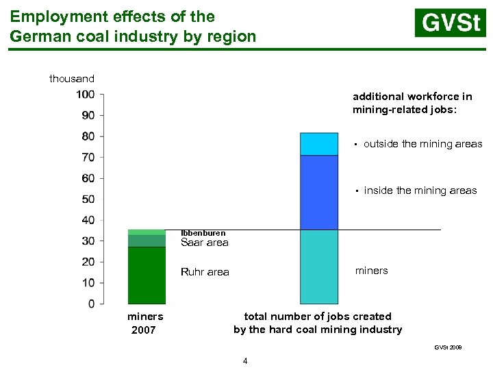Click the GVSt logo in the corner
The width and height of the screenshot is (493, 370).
[x=450, y=23]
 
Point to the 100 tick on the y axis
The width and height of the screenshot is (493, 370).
[x=86, y=95]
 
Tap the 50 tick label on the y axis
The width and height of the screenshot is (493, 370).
[x=87, y=199]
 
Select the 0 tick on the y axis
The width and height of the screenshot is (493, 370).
[x=91, y=304]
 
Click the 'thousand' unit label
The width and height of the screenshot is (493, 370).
[x=72, y=79]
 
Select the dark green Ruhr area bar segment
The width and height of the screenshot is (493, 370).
[x=147, y=275]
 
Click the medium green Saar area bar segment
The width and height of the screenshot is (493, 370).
[x=147, y=241]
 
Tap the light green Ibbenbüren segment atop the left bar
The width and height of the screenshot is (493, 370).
[x=147, y=232]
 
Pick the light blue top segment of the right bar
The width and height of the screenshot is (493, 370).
[x=319, y=144]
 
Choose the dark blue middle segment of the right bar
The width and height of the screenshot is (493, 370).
[x=319, y=193]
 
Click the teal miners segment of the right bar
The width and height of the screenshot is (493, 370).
[x=319, y=267]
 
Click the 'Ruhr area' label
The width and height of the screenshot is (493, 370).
[x=205, y=272]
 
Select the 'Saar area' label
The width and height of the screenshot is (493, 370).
[x=204, y=243]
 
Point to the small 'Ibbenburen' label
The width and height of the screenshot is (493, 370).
[x=203, y=234]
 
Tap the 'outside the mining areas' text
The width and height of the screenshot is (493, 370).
[x=422, y=144]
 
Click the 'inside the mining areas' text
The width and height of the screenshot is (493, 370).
[x=420, y=190]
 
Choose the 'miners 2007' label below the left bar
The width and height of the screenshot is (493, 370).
[x=145, y=323]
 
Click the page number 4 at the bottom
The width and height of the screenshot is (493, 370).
[x=245, y=361]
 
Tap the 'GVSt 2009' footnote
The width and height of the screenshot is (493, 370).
[x=448, y=348]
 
